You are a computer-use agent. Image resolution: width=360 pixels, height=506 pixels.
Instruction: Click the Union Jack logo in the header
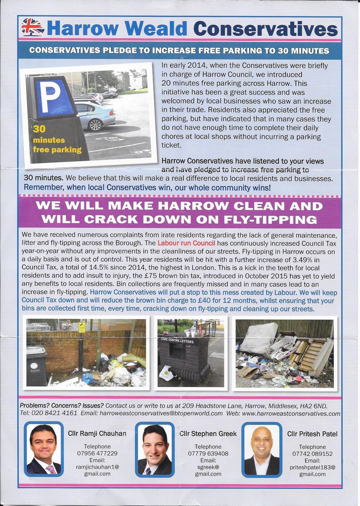pyautogui.click(x=33, y=27)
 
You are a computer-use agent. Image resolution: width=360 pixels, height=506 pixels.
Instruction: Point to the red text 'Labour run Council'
pyautogui.click(x=186, y=243)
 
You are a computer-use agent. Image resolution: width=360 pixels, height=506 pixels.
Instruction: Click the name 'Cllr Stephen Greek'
pyautogui.click(x=208, y=434)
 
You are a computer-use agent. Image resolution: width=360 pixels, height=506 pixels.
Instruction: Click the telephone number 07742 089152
pyautogui.click(x=312, y=454)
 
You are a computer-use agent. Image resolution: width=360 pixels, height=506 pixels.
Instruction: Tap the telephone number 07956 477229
pyautogui.click(x=97, y=454)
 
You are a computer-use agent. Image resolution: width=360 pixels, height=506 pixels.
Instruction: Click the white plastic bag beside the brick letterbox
pyautogui.click(x=166, y=373)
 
